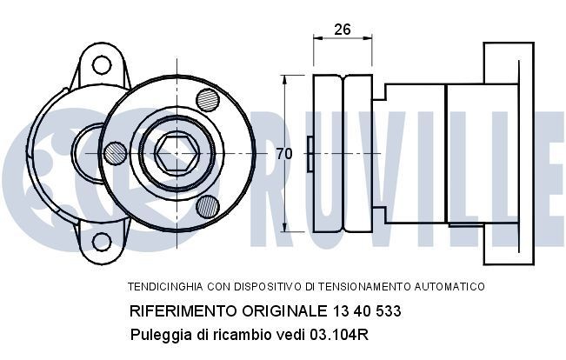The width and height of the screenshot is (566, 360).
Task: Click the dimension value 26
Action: click(x=342, y=30)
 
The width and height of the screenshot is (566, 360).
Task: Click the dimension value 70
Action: click(x=283, y=154)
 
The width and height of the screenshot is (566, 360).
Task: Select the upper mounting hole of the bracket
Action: click(x=102, y=63)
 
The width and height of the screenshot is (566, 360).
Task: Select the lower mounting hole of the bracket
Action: click(x=102, y=241)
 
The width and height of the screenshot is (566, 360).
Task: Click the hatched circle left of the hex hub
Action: click(x=115, y=154)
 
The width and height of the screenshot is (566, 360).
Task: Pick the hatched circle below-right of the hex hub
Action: click(x=208, y=205)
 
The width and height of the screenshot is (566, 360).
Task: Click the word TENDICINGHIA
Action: click(x=163, y=286)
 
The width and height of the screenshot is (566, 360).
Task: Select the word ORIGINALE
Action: click(x=278, y=310)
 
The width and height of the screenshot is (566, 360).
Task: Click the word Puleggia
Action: click(x=158, y=334)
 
